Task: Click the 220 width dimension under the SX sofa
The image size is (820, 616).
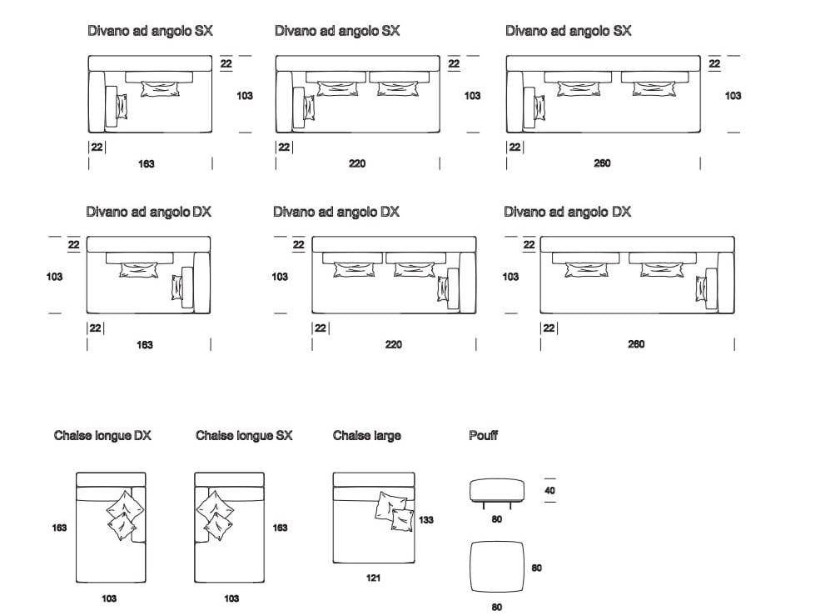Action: click(x=356, y=164)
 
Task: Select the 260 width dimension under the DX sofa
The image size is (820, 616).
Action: click(x=635, y=344)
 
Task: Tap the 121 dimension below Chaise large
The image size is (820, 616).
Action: click(x=374, y=578)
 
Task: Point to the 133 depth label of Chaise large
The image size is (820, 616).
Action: click(x=425, y=520)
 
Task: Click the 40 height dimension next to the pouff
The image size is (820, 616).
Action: click(x=549, y=491)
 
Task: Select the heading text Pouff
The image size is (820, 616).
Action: click(x=483, y=435)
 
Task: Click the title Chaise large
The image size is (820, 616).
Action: click(x=366, y=435)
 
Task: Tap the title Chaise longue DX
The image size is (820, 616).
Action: click(x=102, y=435)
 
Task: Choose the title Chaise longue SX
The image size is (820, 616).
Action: click(x=244, y=435)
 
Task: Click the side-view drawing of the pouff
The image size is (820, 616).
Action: click(x=496, y=491)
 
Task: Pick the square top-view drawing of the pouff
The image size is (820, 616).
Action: click(x=496, y=568)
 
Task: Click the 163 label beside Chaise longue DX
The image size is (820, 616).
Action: click(x=59, y=528)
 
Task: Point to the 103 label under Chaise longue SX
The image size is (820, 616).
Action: click(x=231, y=598)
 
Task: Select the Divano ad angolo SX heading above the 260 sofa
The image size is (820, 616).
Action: click(x=568, y=31)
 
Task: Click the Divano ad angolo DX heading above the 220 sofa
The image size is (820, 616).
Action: click(x=336, y=212)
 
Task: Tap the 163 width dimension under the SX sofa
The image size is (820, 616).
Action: click(x=146, y=164)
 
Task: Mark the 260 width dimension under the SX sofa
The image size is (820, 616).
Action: click(x=602, y=163)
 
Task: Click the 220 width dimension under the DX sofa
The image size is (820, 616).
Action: click(x=393, y=344)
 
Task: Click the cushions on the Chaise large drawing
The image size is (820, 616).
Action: click(x=395, y=510)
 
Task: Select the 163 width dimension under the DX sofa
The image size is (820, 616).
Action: click(x=145, y=344)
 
